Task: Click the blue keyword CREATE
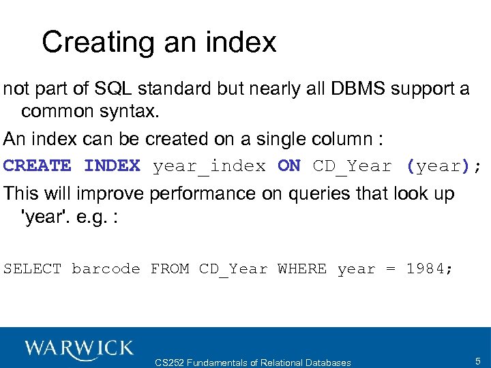(x=37, y=166)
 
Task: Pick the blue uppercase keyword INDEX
(x=112, y=166)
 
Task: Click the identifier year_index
(x=209, y=166)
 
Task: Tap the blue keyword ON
(x=289, y=166)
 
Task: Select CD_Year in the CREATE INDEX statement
(x=353, y=166)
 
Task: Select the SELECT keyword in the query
(x=32, y=269)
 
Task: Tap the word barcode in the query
(x=106, y=269)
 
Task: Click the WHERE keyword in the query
(x=302, y=269)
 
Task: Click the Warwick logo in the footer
(x=79, y=348)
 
